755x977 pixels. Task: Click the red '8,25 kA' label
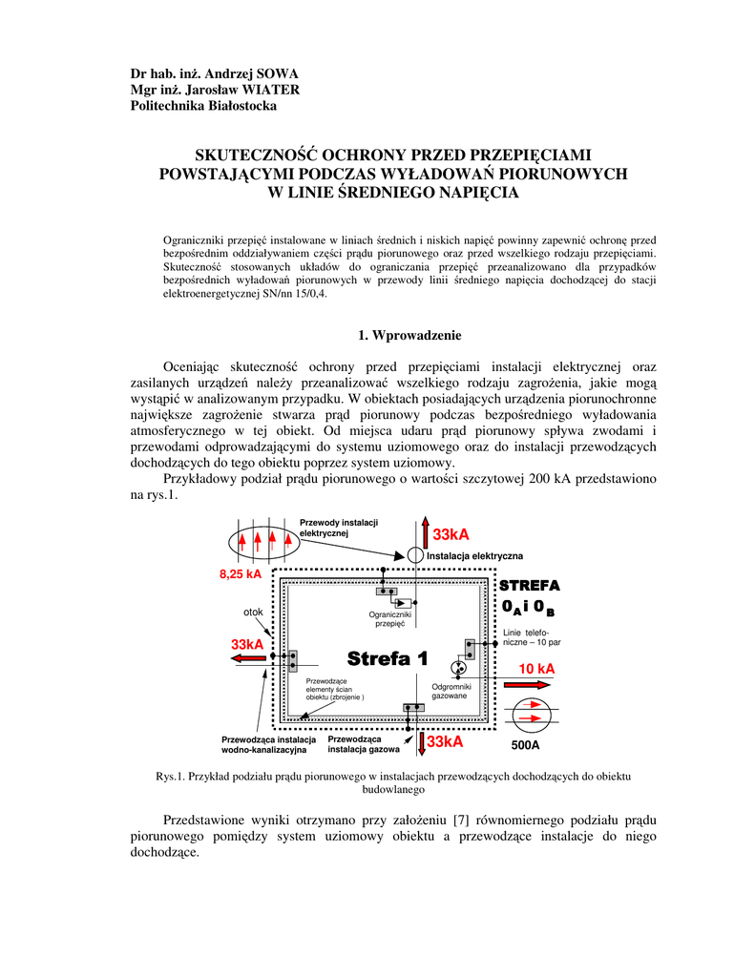tap(240, 573)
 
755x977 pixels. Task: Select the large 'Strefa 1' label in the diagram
tap(388, 658)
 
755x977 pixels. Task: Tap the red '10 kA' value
tap(536, 669)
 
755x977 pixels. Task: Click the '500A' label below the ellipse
tap(525, 745)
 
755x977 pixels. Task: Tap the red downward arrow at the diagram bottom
tap(421, 740)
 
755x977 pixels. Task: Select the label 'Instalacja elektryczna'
tap(474, 555)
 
